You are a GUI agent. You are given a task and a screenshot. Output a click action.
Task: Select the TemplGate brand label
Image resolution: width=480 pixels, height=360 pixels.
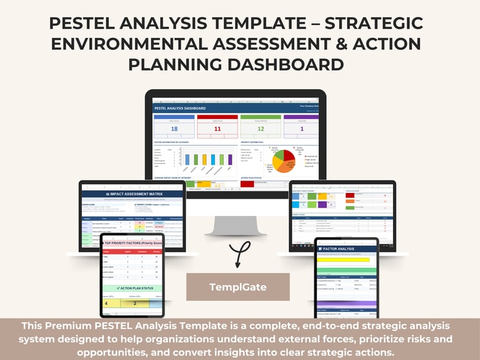coord(238,287)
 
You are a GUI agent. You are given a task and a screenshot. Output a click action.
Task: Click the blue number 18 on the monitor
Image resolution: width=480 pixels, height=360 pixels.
coord(174,129)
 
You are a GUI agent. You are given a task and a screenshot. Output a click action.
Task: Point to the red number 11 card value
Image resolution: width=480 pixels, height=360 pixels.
coord(217,129)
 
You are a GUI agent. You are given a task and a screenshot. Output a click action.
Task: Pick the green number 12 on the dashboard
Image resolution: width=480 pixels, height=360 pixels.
coord(260,129)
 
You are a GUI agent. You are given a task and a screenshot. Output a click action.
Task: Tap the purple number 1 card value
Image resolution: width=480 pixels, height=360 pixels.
coord(301,129)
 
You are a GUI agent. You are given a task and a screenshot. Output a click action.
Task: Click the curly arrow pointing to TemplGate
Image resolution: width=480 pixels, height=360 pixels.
coord(238,253)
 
